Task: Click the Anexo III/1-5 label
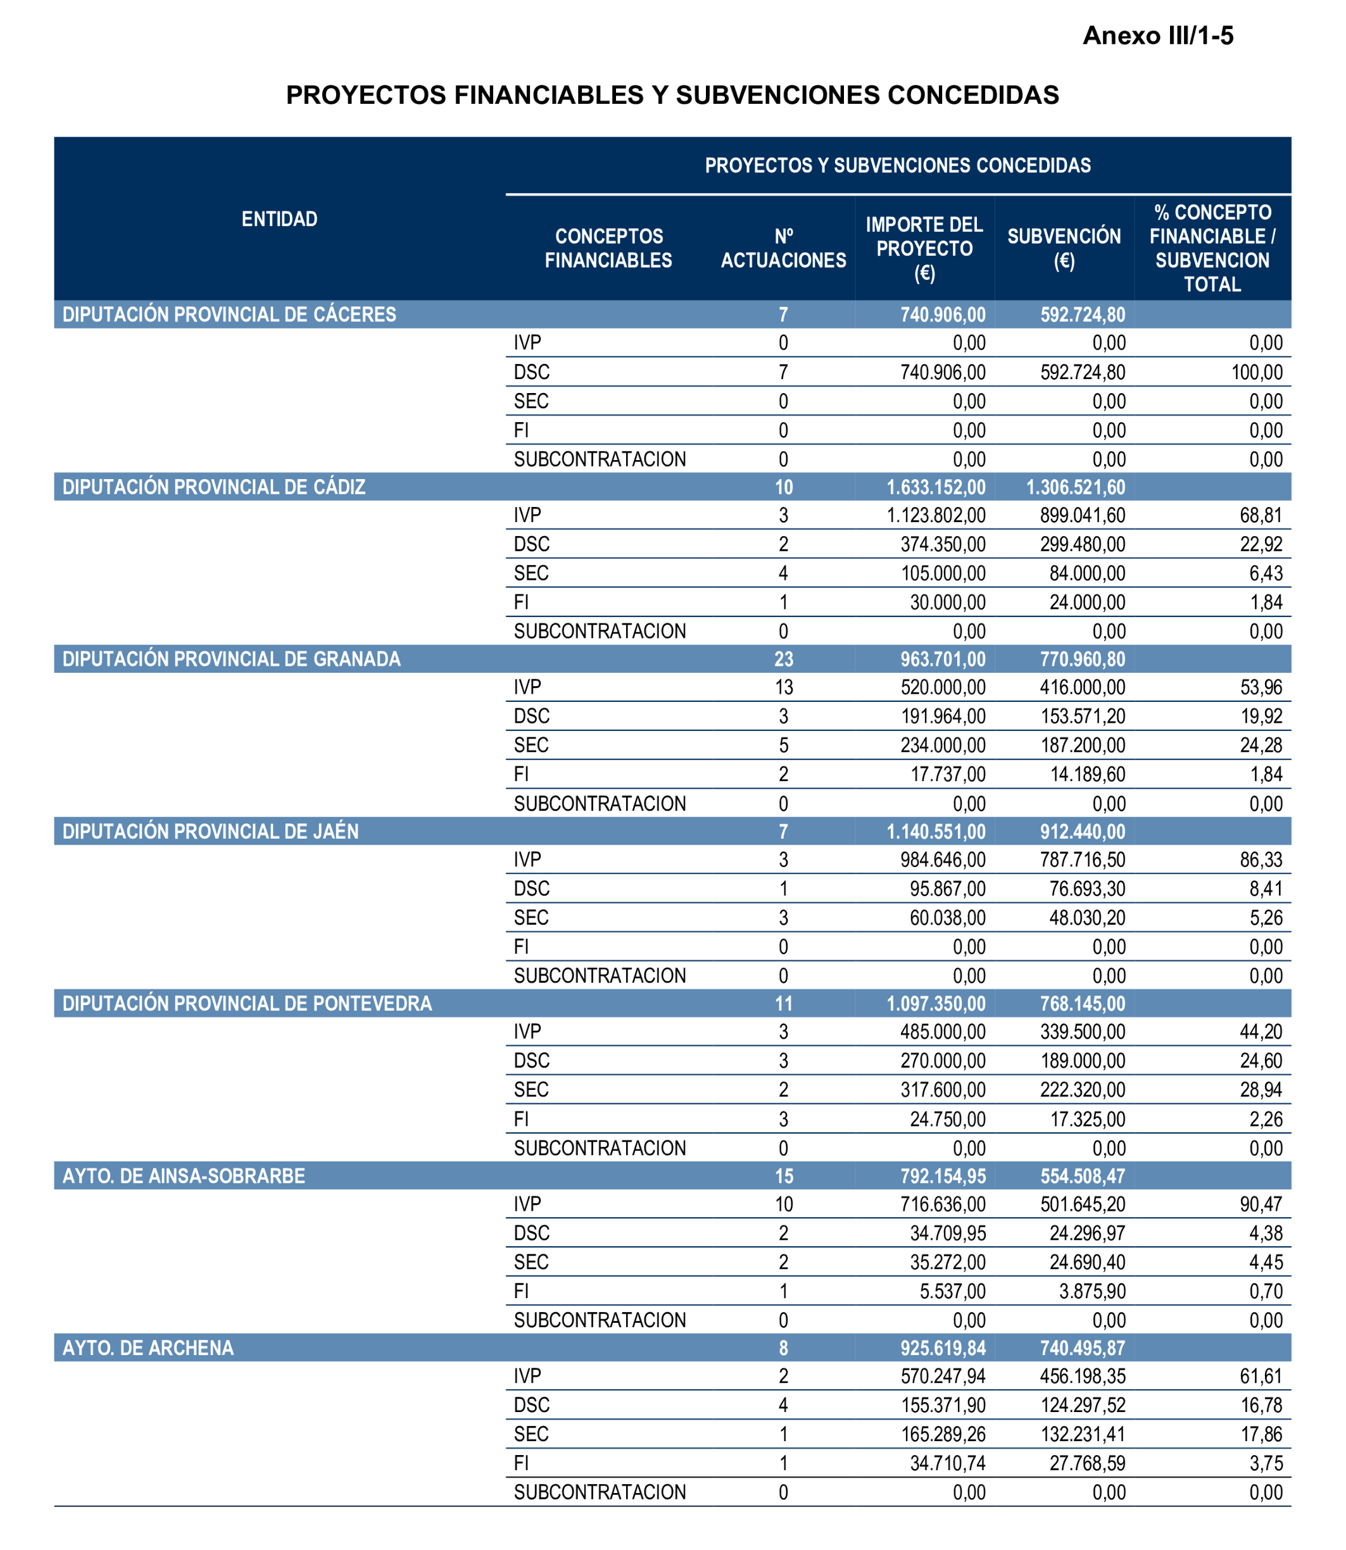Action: tap(1157, 36)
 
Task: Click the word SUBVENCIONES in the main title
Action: tap(777, 96)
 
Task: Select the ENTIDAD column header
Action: tap(279, 218)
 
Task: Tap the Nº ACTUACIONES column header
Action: tap(783, 248)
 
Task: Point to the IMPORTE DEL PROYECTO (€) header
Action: tap(924, 248)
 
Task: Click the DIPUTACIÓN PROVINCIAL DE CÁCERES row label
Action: tap(229, 315)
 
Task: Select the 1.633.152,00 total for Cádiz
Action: tap(936, 487)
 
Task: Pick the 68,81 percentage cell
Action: tap(1261, 515)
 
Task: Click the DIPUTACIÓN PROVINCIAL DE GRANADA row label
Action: tap(231, 659)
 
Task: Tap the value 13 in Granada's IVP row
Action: tap(783, 687)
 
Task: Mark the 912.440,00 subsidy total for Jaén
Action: tap(1083, 831)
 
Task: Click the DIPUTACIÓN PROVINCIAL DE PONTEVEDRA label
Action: tap(247, 1004)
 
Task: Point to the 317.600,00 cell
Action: tap(943, 1090)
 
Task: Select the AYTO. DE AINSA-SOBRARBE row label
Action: tap(184, 1176)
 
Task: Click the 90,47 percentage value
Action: tap(1261, 1204)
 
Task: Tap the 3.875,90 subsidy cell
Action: tap(1092, 1291)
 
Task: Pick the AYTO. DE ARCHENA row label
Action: tap(148, 1348)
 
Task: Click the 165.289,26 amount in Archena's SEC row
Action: tap(943, 1434)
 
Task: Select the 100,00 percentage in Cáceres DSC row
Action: tap(1257, 373)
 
